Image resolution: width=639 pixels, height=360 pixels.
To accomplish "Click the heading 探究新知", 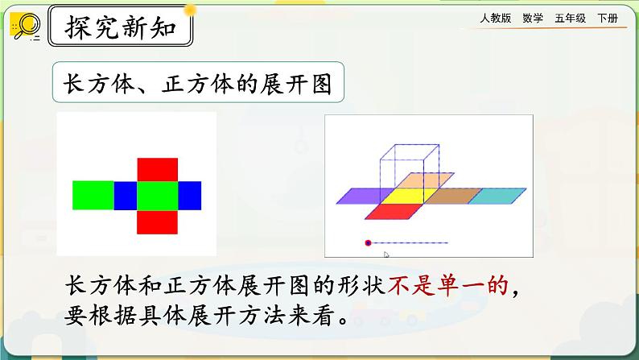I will (x=121, y=30).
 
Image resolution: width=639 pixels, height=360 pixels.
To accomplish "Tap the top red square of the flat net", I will (x=157, y=170).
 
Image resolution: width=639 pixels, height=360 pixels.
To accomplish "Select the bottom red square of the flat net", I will (x=157, y=221).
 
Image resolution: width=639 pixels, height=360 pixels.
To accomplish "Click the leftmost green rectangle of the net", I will (x=93, y=196).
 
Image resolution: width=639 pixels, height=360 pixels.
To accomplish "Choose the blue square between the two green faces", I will (x=126, y=196).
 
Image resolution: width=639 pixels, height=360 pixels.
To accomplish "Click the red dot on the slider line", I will (x=368, y=242).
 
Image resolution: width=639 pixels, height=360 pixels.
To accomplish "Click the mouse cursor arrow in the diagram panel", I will (x=386, y=255).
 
